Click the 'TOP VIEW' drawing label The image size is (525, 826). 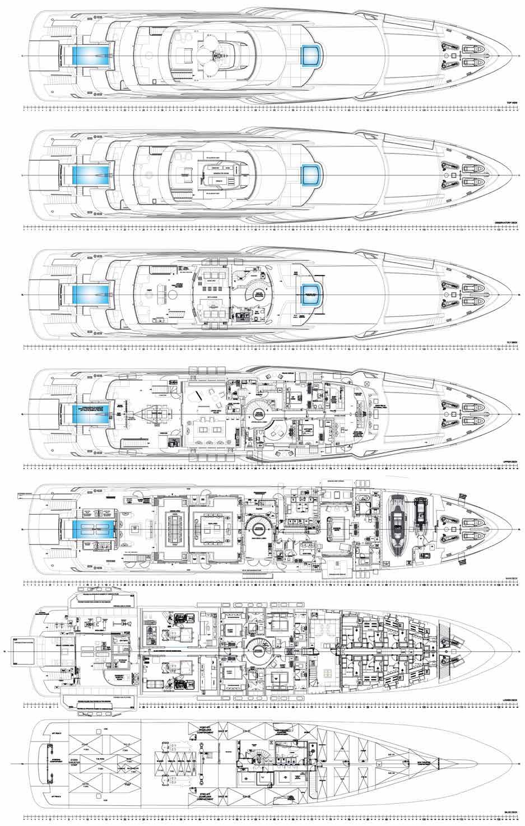coord(510,102)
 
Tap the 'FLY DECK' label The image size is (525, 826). coord(512,343)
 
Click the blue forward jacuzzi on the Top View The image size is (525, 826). coord(312,55)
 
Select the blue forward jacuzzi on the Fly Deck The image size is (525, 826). coord(312,293)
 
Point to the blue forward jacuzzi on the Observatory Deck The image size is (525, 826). coord(312,175)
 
